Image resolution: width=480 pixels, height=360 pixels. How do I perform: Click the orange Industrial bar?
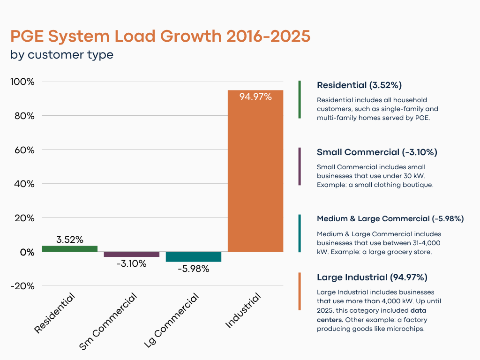(255, 178)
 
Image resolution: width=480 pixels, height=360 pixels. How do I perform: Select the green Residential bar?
(69, 249)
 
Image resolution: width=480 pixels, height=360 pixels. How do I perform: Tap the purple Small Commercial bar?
(131, 254)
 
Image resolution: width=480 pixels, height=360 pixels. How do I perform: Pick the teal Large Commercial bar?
(193, 256)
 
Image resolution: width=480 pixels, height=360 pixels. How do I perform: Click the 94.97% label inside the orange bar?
(255, 97)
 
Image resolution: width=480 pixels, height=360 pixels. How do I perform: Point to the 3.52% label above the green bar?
(69, 240)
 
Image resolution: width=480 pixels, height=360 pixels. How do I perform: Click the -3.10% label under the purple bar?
(131, 263)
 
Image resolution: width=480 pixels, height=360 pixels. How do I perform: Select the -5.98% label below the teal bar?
(193, 269)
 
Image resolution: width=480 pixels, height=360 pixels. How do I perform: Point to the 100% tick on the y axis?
(22, 82)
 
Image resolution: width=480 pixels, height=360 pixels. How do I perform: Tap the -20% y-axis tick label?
(22, 286)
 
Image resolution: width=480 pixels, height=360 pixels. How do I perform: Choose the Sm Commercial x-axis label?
(109, 322)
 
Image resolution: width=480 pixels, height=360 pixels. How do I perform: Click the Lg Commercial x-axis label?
(172, 321)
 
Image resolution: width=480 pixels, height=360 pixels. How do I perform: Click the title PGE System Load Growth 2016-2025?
(160, 37)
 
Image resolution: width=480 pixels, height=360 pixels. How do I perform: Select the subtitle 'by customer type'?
(62, 54)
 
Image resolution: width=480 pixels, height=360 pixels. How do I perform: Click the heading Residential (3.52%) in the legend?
(359, 85)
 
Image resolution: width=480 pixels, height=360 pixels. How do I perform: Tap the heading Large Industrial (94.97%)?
(372, 277)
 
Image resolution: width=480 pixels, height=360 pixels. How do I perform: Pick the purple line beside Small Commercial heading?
(300, 166)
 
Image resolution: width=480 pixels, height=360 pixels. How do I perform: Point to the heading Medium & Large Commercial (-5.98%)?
(390, 219)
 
